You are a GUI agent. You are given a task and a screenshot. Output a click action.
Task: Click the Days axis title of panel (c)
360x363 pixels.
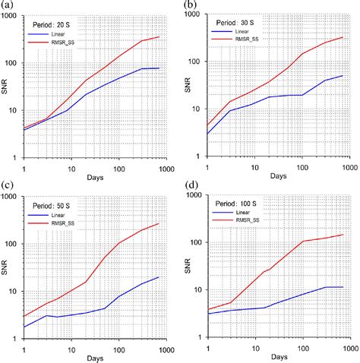pyautogui.click(x=89, y=357)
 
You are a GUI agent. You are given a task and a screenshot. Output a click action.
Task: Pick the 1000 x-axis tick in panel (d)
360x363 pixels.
pyautogui.click(x=349, y=348)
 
